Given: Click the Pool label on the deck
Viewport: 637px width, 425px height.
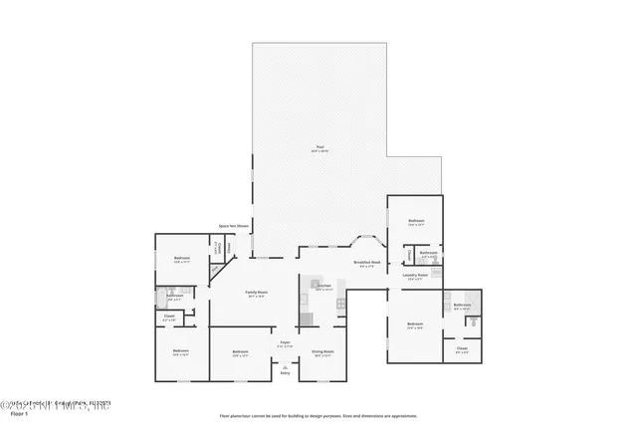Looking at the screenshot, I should point(319,148).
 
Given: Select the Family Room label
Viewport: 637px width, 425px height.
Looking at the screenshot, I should point(257,294).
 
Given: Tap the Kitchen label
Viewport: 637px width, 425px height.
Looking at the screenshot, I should point(323,287).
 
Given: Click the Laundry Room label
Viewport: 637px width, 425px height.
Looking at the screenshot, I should point(415,276).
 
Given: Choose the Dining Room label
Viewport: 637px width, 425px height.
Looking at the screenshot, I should point(322,352).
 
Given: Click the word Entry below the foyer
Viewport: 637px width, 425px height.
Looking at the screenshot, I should point(285,373).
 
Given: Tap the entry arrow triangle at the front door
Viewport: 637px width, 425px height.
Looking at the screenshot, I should point(285,366).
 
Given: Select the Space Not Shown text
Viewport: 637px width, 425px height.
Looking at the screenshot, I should point(233,226).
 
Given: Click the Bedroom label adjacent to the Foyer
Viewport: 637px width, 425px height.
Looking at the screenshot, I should point(240,352).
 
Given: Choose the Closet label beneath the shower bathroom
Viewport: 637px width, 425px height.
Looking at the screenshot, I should point(462,349).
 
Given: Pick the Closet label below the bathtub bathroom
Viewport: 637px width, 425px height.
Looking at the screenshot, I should point(168,319).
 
